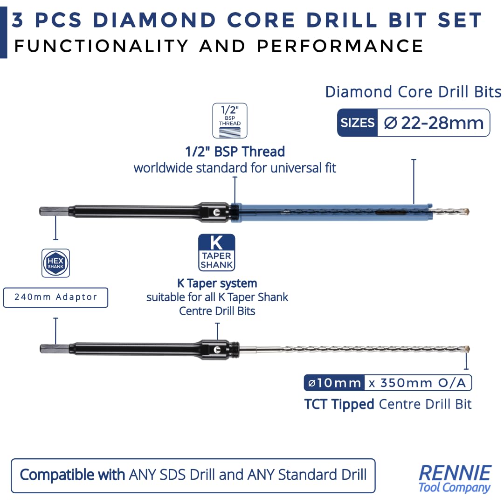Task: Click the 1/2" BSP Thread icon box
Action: pyautogui.click(x=230, y=121)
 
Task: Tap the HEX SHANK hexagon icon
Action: pyautogui.click(x=55, y=263)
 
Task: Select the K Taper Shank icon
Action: pyautogui.click(x=217, y=252)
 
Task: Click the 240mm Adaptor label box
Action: pyautogui.click(x=55, y=297)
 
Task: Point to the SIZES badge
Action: pyautogui.click(x=358, y=123)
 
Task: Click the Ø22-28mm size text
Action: pyautogui.click(x=434, y=123)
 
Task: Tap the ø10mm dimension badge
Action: pyautogui.click(x=334, y=383)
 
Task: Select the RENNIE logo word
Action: pyautogui.click(x=455, y=473)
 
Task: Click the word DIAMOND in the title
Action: pyautogui.click(x=154, y=20)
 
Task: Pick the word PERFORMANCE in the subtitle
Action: pyautogui.click(x=340, y=46)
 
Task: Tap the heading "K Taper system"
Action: pyautogui.click(x=217, y=283)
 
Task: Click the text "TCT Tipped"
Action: pyautogui.click(x=339, y=404)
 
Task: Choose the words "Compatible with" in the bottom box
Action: pyautogui.click(x=72, y=475)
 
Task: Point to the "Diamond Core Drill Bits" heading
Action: pyautogui.click(x=414, y=92)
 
